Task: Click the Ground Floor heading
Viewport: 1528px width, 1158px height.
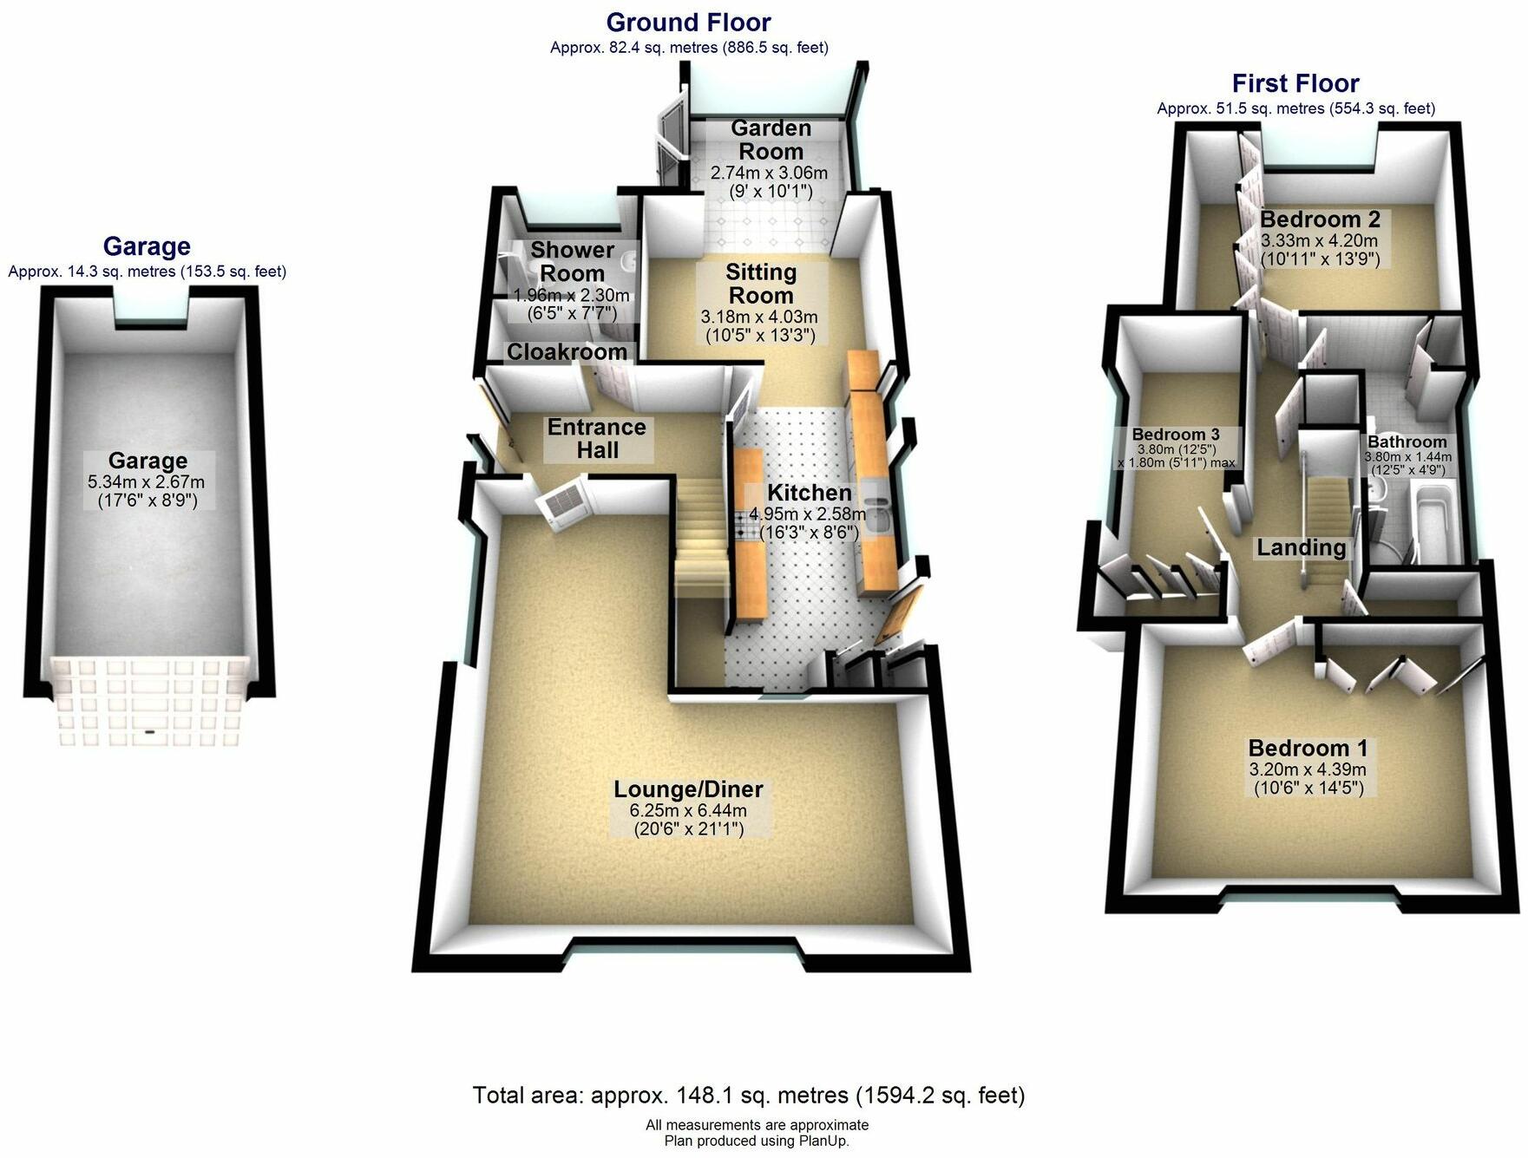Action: click(x=688, y=23)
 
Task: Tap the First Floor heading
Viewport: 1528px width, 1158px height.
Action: click(x=1295, y=84)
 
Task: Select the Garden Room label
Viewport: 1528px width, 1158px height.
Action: click(x=771, y=140)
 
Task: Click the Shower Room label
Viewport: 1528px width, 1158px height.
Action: click(x=572, y=261)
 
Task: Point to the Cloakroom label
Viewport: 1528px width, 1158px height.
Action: click(x=567, y=352)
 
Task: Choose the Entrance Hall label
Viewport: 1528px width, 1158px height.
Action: click(x=597, y=438)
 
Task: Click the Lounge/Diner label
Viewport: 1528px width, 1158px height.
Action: click(x=688, y=789)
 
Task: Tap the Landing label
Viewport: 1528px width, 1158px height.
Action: click(x=1301, y=547)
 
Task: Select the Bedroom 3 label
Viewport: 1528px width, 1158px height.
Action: click(x=1176, y=435)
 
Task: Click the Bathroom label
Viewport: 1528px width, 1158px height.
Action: click(x=1407, y=442)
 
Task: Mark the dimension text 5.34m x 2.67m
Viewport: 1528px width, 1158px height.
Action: click(x=147, y=482)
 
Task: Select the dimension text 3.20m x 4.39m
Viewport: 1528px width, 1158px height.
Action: click(x=1308, y=769)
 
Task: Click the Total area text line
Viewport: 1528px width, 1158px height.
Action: click(x=748, y=1096)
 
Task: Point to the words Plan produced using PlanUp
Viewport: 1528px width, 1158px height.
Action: click(x=757, y=1141)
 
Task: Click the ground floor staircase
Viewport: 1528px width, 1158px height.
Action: click(x=701, y=538)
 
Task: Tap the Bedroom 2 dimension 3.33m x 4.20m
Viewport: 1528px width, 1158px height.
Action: click(x=1319, y=240)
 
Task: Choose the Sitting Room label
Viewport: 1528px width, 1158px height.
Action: click(x=760, y=284)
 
